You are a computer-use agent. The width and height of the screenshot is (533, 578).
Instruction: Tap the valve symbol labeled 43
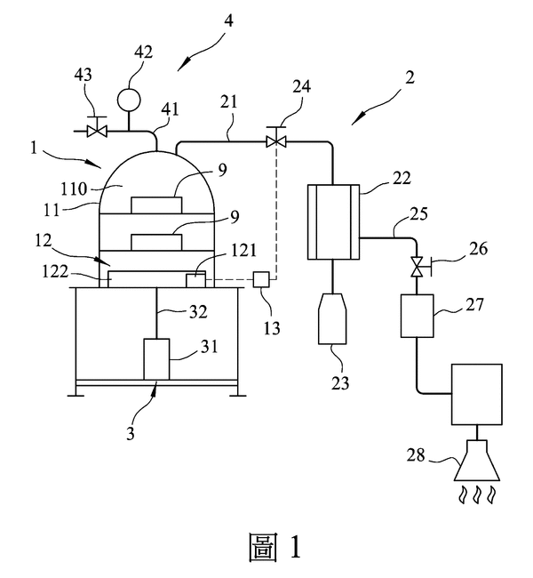(x=97, y=132)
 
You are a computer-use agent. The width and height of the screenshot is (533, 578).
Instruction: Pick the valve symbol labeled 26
(x=416, y=266)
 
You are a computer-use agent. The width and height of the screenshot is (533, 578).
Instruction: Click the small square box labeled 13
(x=260, y=279)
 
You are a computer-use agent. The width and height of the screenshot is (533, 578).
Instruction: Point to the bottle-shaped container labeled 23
(x=333, y=319)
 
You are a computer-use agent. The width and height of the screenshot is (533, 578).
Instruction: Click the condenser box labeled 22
(x=332, y=221)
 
